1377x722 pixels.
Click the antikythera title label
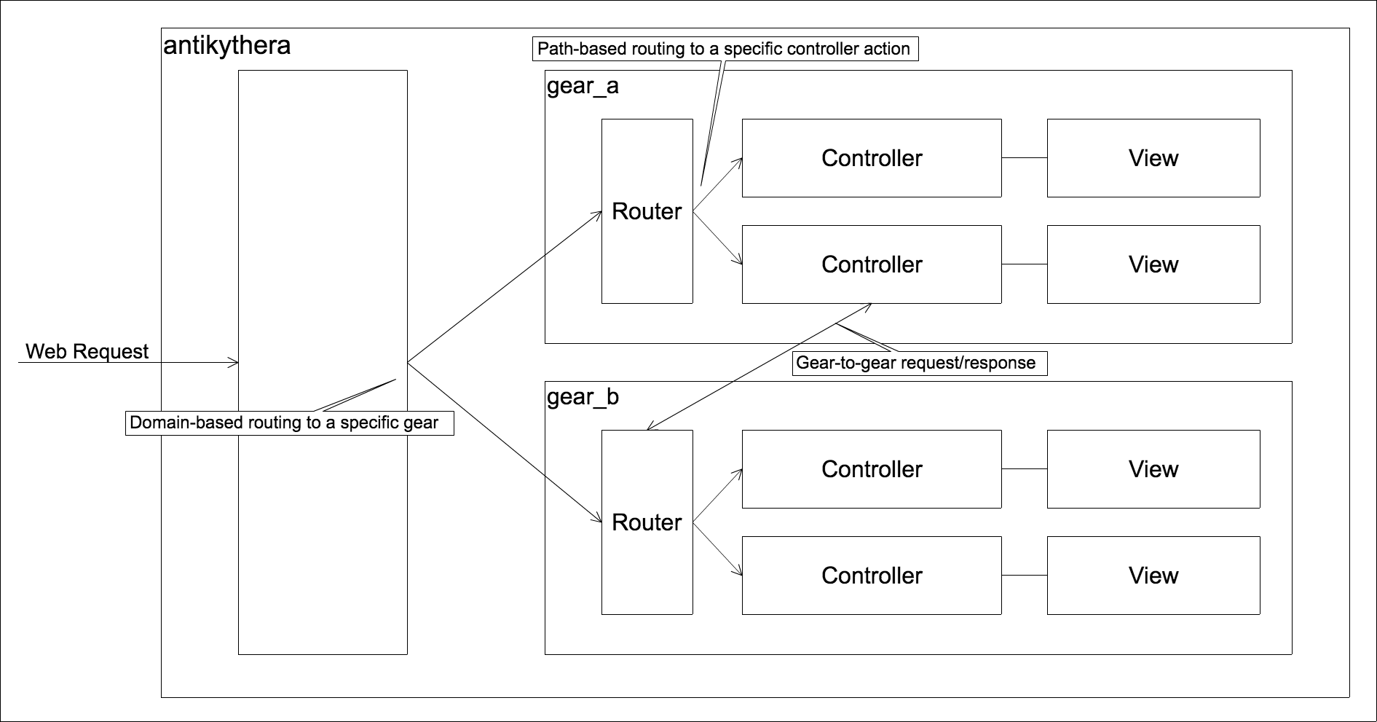coord(226,46)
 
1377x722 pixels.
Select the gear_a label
coord(583,86)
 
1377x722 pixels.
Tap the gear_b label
coord(583,397)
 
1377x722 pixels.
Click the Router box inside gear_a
coord(647,211)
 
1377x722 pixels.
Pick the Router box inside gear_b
coord(647,522)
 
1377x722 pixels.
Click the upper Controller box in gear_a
coord(872,158)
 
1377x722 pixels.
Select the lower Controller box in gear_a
coord(872,264)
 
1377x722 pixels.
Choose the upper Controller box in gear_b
coord(872,469)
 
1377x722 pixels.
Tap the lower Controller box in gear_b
coord(872,576)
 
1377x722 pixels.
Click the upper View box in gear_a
coord(1153,158)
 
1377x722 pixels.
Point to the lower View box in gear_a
coord(1153,264)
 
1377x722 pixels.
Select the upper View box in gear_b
coord(1153,469)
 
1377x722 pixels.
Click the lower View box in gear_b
coord(1153,576)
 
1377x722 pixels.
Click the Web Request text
coord(87,351)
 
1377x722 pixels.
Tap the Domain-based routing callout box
coord(290,423)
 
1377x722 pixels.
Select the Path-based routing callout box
coord(725,49)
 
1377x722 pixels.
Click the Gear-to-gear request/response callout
coord(919,363)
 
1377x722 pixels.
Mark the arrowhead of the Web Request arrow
coord(235,362)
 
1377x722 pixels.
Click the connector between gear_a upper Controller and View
coord(1024,158)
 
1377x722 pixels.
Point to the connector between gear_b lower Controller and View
coord(1024,576)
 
